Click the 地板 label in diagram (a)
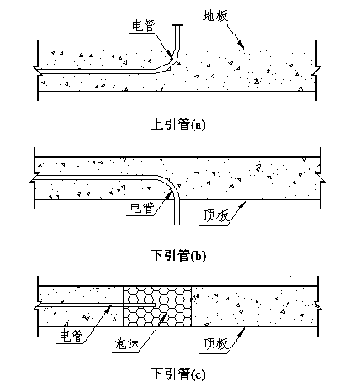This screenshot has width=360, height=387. (215, 16)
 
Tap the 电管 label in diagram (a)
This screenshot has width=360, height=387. (144, 26)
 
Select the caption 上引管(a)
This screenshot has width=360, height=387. (178, 125)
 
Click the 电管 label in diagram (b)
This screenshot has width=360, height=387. (142, 208)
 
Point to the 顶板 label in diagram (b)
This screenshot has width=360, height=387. (215, 216)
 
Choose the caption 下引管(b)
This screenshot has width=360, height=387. (178, 256)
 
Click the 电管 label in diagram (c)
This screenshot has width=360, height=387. (71, 336)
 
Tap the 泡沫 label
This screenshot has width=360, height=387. (128, 344)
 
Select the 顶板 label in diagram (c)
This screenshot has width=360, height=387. (215, 344)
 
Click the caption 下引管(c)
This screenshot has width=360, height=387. (178, 374)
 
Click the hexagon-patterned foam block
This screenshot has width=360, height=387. (157, 306)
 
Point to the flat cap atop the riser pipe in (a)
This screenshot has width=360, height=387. (177, 26)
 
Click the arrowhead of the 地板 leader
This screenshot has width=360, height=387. (241, 45)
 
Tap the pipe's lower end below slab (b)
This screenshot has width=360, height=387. (177, 224)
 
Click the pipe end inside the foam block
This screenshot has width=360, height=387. (155, 305)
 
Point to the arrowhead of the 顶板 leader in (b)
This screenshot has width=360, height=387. (242, 205)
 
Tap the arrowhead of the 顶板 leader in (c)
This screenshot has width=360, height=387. (241, 332)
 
